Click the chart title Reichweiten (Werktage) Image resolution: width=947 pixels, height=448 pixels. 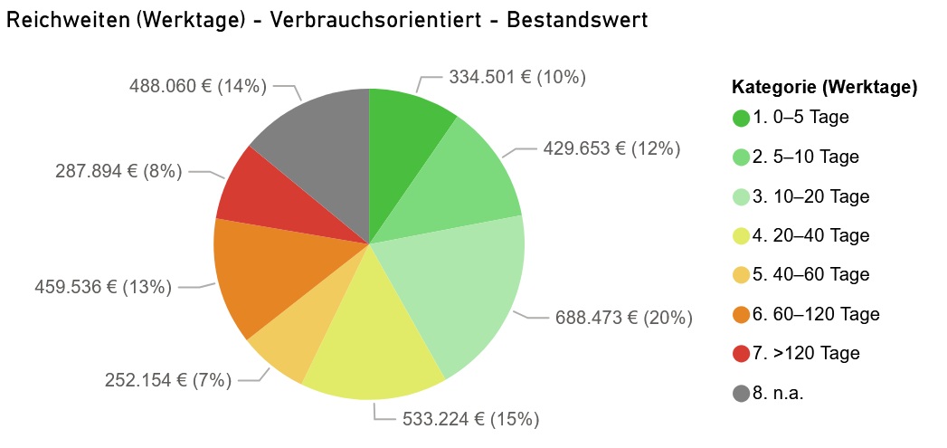[x=327, y=21]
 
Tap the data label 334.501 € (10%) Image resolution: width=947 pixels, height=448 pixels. [x=517, y=78]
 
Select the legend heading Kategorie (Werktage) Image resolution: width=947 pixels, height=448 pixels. [x=825, y=88]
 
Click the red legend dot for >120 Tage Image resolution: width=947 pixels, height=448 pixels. [x=742, y=354]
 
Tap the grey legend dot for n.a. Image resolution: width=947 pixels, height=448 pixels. [x=742, y=393]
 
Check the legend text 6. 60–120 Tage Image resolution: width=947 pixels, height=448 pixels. [x=816, y=315]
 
